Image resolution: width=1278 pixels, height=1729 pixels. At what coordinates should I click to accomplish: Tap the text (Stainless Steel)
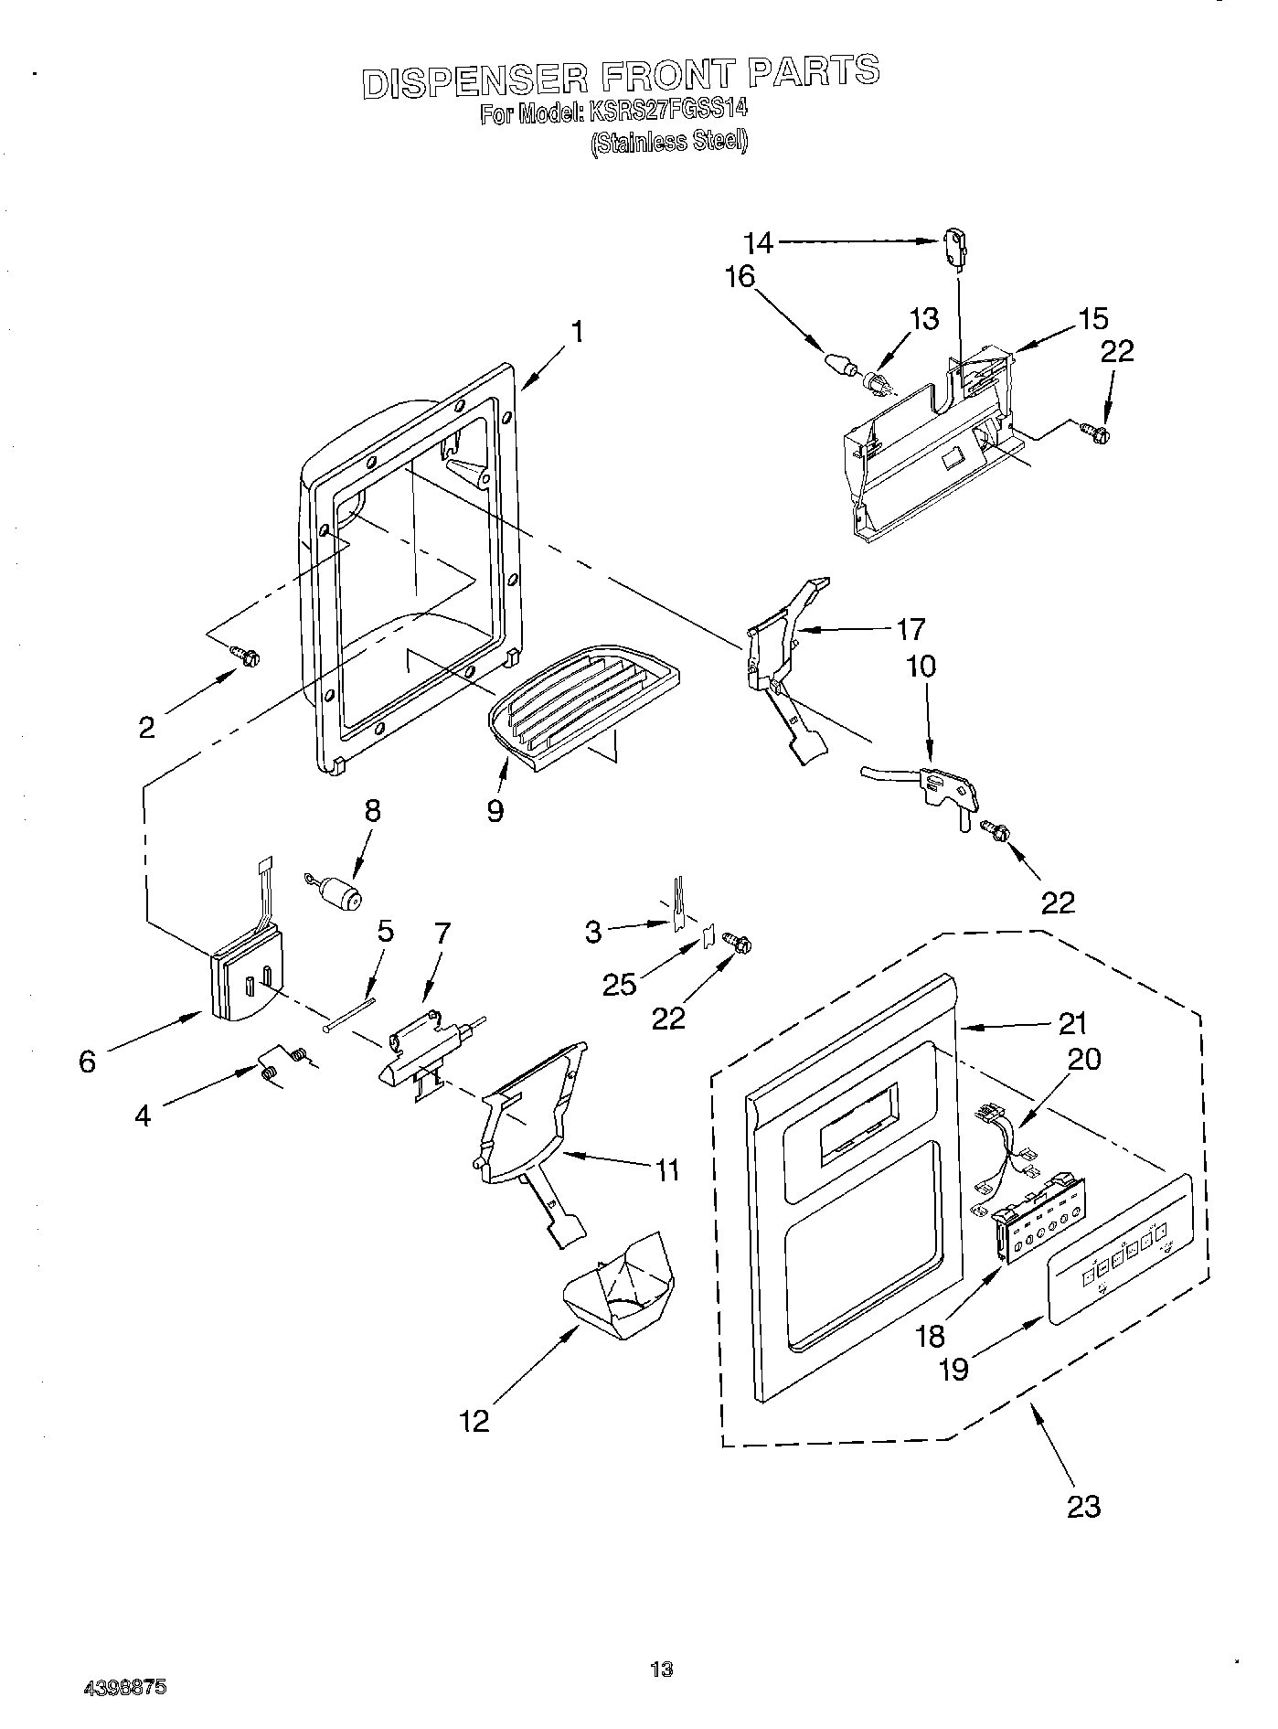pos(669,143)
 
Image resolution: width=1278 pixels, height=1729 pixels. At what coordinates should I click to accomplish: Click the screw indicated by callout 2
pos(246,655)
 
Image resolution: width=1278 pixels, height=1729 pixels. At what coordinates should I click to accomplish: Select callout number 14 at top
pos(758,243)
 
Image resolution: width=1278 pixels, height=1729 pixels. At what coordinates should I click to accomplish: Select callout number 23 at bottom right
pos(1083,1506)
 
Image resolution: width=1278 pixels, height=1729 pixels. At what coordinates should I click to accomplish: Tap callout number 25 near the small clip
pos(622,984)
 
